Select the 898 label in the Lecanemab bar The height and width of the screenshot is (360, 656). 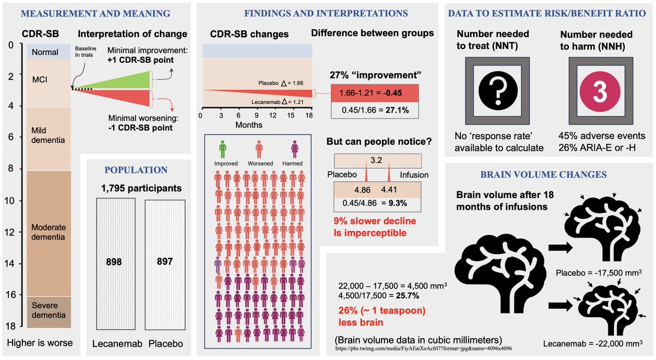coord(114,262)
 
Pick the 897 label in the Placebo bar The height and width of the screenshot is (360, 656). coord(164,262)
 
